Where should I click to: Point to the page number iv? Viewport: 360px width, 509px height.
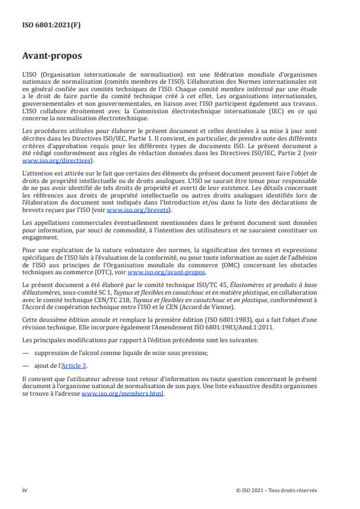pos(25,490)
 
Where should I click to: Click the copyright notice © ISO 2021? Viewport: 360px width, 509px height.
pos(276,490)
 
